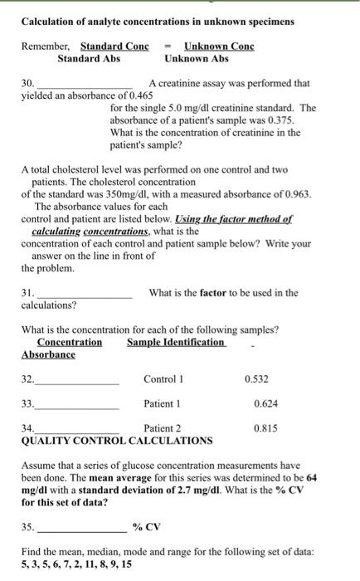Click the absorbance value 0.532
click(258, 379)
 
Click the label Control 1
click(163, 379)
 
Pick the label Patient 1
click(163, 403)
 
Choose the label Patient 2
click(163, 428)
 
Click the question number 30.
click(27, 84)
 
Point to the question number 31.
click(27, 292)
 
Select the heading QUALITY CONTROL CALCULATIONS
click(117, 440)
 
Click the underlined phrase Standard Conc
click(114, 46)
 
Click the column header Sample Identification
click(176, 342)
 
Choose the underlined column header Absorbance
click(48, 354)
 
